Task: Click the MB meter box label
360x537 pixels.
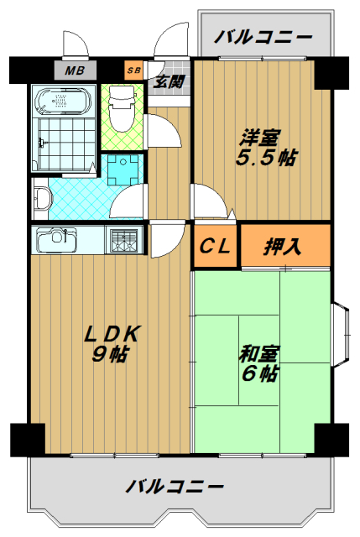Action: click(x=75, y=70)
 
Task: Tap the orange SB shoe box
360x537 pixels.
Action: click(x=133, y=70)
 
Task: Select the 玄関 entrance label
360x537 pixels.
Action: click(x=169, y=82)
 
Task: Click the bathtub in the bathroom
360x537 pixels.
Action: click(x=62, y=100)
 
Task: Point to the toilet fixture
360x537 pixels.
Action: click(x=122, y=108)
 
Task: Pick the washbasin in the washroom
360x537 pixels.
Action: click(x=43, y=198)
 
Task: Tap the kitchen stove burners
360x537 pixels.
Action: click(x=123, y=240)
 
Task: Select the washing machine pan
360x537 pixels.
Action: click(x=123, y=170)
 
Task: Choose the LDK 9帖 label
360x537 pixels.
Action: click(x=112, y=344)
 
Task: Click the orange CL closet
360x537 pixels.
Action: click(x=215, y=246)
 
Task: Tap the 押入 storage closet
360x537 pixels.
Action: click(x=285, y=245)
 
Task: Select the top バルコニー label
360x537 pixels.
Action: click(x=263, y=37)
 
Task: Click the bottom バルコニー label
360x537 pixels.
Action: click(x=175, y=486)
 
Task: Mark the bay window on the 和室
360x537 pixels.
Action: click(x=341, y=335)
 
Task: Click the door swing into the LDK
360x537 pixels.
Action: click(x=165, y=240)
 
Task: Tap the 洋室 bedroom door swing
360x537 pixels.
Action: click(x=210, y=201)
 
